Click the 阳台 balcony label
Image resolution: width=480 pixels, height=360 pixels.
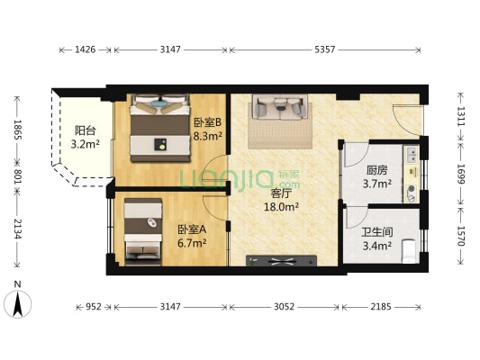(x=85, y=130)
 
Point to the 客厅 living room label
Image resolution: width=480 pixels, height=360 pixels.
(x=283, y=192)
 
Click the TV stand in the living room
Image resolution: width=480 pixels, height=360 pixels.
(x=282, y=261)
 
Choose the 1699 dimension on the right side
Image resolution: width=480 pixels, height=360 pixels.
(x=461, y=170)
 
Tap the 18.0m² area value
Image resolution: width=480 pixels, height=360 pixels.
(x=283, y=205)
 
